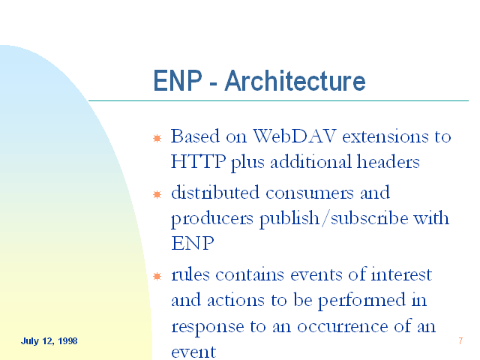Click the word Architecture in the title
coord(295,80)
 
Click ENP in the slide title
coord(178,80)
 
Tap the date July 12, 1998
coord(49,341)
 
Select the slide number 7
coord(460,340)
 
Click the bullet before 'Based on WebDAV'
coord(157,138)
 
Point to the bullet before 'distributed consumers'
coord(157,194)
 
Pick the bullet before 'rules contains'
coord(157,276)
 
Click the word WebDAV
coord(295,136)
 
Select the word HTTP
coord(198,161)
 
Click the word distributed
coord(215,193)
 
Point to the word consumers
coord(310,193)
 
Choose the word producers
coord(212,219)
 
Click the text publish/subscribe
coord(334,218)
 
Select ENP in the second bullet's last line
coord(192,243)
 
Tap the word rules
coord(190,274)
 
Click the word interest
coord(401,274)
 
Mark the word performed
coord(361,301)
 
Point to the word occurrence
coord(343,327)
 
